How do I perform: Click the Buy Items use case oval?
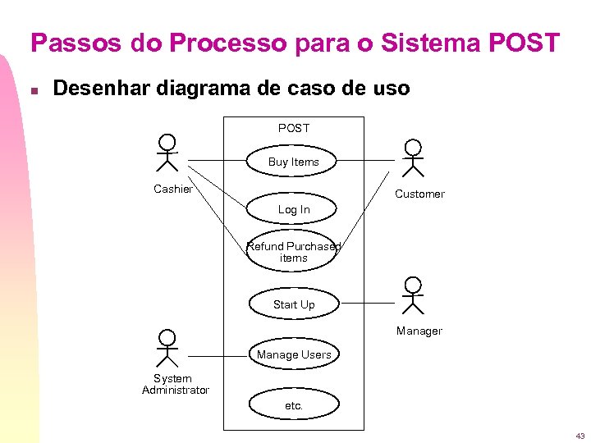pyautogui.click(x=293, y=162)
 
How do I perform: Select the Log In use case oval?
pyautogui.click(x=293, y=209)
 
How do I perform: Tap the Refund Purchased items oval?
pyautogui.click(x=293, y=252)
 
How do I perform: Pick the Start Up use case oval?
pyautogui.click(x=293, y=304)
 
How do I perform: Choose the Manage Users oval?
pyautogui.click(x=293, y=354)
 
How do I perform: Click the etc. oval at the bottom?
pyautogui.click(x=293, y=405)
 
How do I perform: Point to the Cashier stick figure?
pyautogui.click(x=167, y=153)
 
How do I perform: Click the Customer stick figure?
pyautogui.click(x=413, y=158)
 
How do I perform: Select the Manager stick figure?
pyautogui.click(x=413, y=296)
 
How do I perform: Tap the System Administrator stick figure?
pyautogui.click(x=167, y=348)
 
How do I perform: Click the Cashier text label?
pyautogui.click(x=173, y=190)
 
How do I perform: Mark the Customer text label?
pyautogui.click(x=419, y=194)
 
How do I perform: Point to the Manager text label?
pyautogui.click(x=419, y=331)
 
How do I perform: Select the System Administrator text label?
pyautogui.click(x=175, y=384)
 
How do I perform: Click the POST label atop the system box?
pyautogui.click(x=294, y=128)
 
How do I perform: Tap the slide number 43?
pyautogui.click(x=580, y=436)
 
